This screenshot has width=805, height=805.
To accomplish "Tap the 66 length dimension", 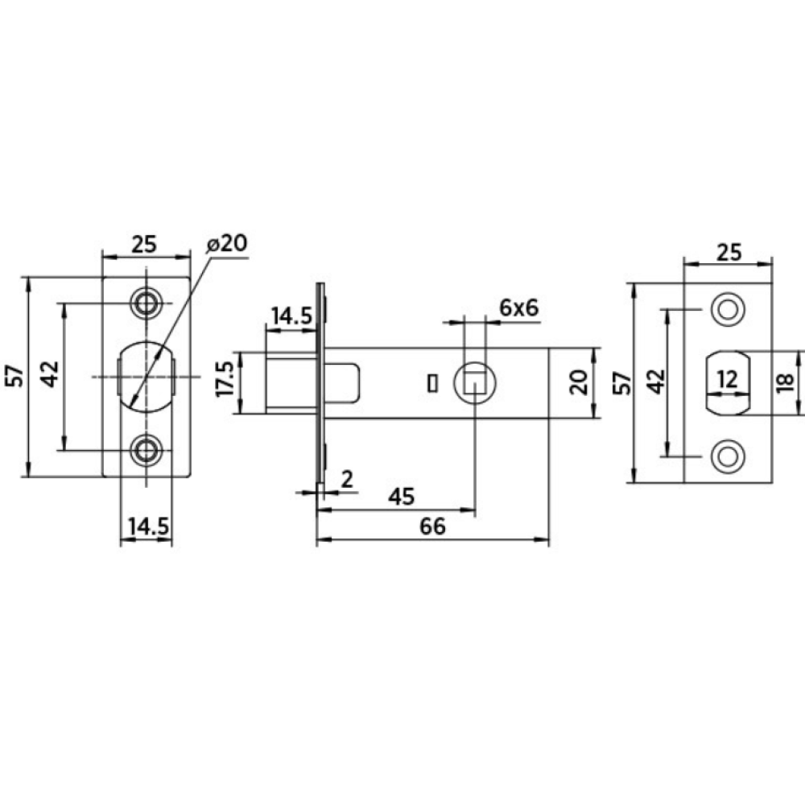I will pyautogui.click(x=432, y=526).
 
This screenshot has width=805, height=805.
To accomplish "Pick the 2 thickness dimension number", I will pyautogui.click(x=347, y=480).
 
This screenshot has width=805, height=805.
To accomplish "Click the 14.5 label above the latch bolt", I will pyautogui.click(x=291, y=316).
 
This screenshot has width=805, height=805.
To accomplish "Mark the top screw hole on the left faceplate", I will pyautogui.click(x=147, y=303).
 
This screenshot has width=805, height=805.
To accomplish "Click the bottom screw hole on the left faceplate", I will pyautogui.click(x=147, y=449).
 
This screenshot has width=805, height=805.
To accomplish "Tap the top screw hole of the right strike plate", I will pyautogui.click(x=727, y=309).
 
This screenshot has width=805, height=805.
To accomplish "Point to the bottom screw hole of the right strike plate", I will pyautogui.click(x=727, y=455).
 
